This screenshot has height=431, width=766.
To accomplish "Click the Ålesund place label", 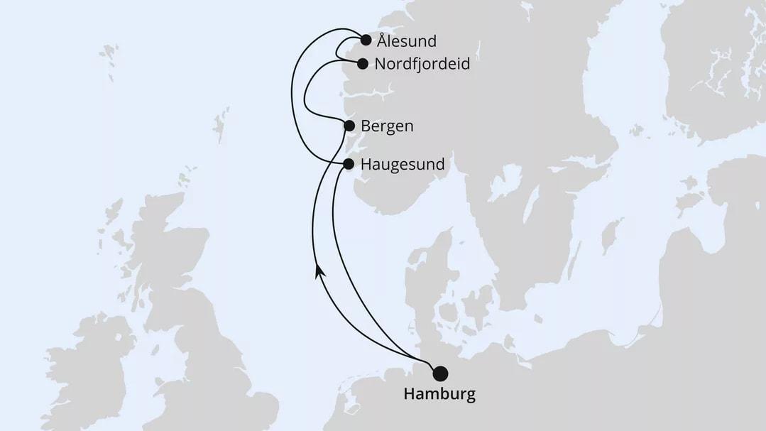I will click(407, 41).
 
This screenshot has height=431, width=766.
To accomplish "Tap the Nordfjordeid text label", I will click(422, 64).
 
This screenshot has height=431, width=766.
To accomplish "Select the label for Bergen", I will click(387, 126).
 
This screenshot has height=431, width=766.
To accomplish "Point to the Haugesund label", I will click(403, 165).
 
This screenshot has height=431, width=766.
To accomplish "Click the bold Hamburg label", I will click(439, 394).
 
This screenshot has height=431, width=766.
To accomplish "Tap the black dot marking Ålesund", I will click(366, 40).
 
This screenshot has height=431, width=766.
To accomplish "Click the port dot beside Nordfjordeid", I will click(363, 64).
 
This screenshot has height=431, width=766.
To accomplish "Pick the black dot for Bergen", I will click(349, 126).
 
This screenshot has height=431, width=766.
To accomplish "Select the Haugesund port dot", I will click(349, 164).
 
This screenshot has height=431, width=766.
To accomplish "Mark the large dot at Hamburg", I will click(440, 373).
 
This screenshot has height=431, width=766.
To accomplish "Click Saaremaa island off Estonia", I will click(689, 200).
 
